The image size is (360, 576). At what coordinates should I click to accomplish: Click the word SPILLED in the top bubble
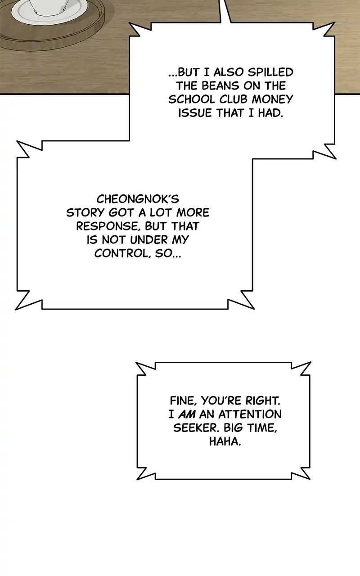click(x=270, y=72)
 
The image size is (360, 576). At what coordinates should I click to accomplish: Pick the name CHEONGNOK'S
click(x=138, y=199)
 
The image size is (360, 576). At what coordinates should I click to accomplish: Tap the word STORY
click(x=86, y=213)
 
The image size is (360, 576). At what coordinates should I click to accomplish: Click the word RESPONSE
click(x=109, y=226)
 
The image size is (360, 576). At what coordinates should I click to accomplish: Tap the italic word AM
click(x=187, y=414)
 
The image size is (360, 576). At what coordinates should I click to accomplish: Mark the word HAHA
click(x=225, y=441)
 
